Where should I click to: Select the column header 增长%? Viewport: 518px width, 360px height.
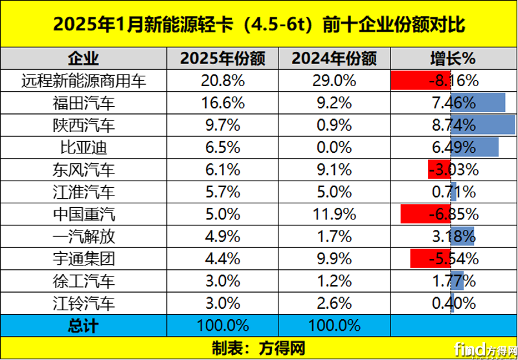point(453,58)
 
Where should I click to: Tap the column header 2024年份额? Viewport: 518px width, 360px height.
point(334,58)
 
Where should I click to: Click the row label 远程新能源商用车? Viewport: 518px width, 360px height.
point(84,81)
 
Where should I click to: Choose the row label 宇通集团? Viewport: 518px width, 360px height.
point(84,259)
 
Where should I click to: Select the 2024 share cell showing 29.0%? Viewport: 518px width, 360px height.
point(334,81)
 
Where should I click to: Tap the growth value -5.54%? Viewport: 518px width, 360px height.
point(453,259)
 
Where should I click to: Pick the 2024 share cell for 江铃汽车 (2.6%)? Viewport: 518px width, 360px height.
point(334,303)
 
